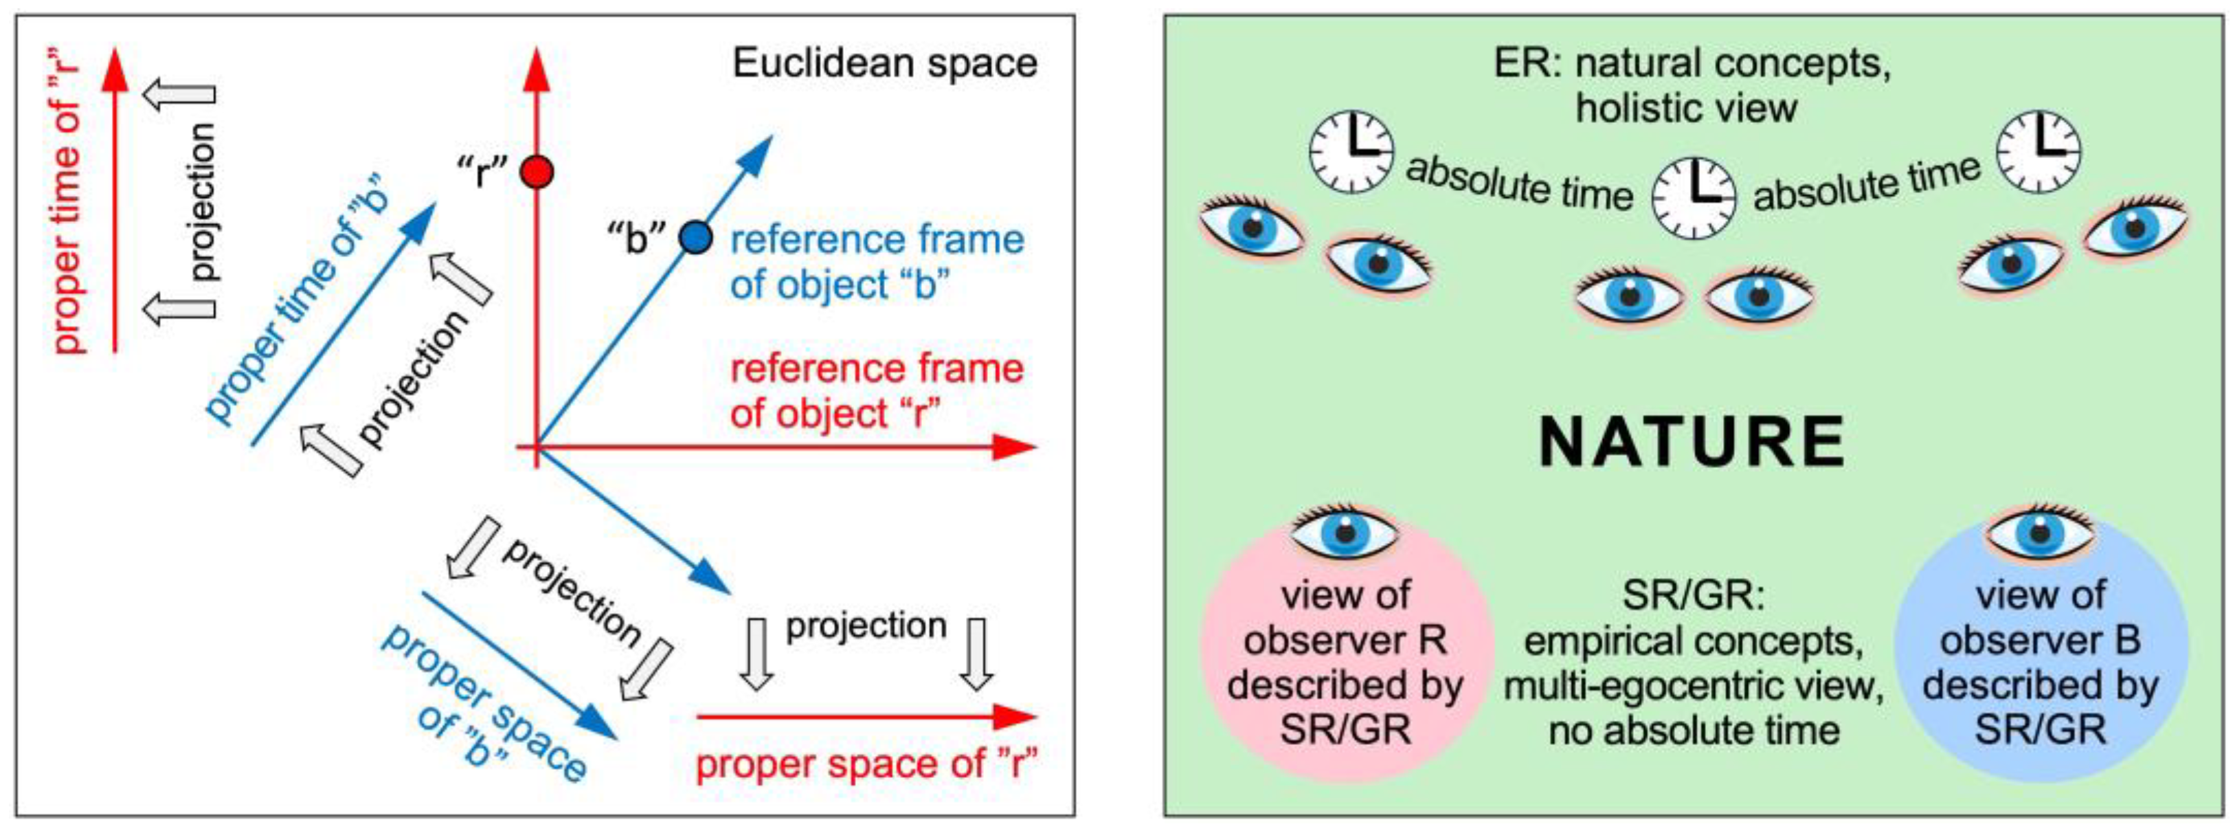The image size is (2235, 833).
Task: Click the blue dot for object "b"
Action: tap(695, 237)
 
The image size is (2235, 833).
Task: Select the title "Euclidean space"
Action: tap(884, 63)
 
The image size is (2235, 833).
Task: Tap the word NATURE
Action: tap(1692, 443)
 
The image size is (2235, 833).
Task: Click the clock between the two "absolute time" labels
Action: tap(1694, 197)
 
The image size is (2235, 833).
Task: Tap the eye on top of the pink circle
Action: tap(1345, 532)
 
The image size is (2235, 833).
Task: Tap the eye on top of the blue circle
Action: tap(2040, 532)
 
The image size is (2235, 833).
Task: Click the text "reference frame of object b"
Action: tap(876, 262)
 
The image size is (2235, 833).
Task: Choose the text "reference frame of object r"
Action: tap(876, 391)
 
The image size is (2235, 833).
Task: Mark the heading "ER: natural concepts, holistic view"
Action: tap(1691, 86)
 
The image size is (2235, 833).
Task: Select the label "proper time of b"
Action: tap(300, 304)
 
